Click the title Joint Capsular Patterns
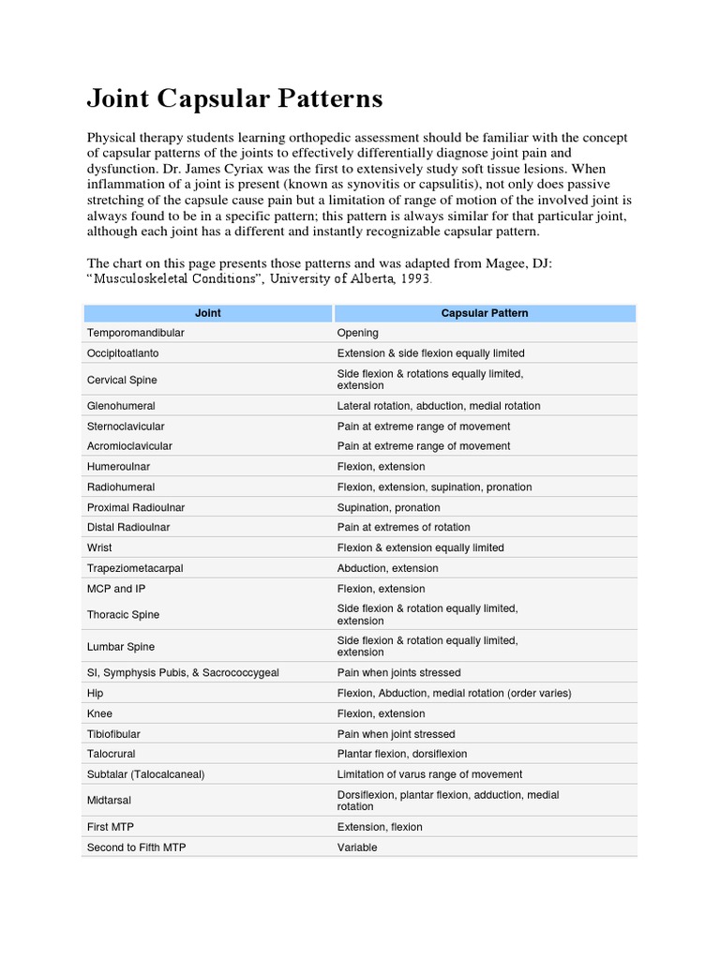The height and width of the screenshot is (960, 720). coord(234,98)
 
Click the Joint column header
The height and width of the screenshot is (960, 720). coord(207,313)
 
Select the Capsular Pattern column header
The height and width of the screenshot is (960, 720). coord(485,313)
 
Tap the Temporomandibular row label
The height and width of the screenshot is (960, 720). coord(136,333)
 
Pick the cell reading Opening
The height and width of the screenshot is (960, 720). coord(358,333)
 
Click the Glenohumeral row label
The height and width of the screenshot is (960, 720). coord(121,406)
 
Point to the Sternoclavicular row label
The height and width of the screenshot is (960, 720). coord(126,427)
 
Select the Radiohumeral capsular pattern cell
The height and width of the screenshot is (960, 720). coord(434,487)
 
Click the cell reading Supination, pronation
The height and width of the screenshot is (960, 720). coord(388,507)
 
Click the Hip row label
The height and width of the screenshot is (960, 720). coord(96,693)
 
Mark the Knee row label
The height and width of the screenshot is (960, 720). coord(99,713)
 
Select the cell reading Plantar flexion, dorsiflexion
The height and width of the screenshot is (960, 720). coord(402,754)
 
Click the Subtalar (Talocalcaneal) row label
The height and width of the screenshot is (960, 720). coord(145,774)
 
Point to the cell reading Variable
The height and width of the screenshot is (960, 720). coord(357,847)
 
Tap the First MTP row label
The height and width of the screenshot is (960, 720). coord(110,827)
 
